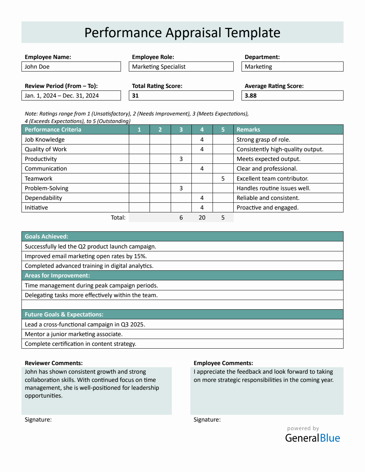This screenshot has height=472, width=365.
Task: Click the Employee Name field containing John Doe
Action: (x=71, y=67)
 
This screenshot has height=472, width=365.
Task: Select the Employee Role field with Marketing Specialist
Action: (x=181, y=67)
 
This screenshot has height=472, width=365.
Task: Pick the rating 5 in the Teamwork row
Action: (x=223, y=178)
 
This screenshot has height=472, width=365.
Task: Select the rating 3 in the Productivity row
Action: (x=181, y=159)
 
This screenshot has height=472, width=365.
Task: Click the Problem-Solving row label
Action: (x=47, y=188)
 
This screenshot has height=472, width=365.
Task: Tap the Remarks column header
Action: (x=248, y=129)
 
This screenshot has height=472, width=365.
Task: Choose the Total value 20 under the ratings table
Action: (x=202, y=217)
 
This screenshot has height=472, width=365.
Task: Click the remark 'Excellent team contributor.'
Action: (x=272, y=178)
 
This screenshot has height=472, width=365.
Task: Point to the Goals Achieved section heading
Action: (x=47, y=236)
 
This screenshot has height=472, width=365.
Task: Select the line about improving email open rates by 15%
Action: (x=86, y=256)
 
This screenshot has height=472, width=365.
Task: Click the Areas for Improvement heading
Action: (x=57, y=275)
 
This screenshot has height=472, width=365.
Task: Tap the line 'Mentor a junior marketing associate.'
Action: (x=74, y=334)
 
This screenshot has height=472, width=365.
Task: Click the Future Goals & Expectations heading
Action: (x=64, y=314)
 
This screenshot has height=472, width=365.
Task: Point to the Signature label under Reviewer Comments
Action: (x=38, y=419)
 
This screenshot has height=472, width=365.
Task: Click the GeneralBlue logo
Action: (x=312, y=438)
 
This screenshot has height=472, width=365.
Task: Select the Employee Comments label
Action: (x=223, y=363)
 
